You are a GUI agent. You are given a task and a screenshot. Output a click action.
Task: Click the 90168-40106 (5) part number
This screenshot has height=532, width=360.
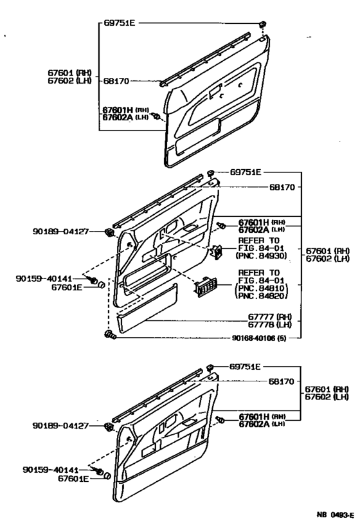258,338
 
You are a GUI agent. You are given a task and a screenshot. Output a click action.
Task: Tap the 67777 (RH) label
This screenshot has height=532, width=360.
270,317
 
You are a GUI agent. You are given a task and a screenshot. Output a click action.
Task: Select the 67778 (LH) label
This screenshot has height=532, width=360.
270,325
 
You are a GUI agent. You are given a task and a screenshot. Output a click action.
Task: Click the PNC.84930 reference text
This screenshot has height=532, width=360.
262,255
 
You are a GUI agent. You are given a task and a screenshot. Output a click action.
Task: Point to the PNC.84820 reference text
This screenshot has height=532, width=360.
262,296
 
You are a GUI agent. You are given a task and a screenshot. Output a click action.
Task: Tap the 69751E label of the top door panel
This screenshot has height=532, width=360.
120,23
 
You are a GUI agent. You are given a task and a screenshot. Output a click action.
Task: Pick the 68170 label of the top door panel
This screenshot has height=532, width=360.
116,81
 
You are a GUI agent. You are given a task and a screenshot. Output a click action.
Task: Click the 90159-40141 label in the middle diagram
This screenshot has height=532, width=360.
44,279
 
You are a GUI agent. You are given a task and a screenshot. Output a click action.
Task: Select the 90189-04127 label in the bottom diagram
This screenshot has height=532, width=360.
60,425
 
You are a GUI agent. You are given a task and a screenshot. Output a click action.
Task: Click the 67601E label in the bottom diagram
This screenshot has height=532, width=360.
73,479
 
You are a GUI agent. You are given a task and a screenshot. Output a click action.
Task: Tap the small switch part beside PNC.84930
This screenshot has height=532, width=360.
217,252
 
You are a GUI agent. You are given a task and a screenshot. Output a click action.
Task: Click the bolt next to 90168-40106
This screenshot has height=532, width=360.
110,335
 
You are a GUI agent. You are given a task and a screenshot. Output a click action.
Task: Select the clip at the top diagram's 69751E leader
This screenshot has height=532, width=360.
262,24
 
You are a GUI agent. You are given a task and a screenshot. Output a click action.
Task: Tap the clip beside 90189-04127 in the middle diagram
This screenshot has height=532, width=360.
109,233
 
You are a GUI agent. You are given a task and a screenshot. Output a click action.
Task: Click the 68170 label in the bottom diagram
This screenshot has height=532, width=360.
282,381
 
